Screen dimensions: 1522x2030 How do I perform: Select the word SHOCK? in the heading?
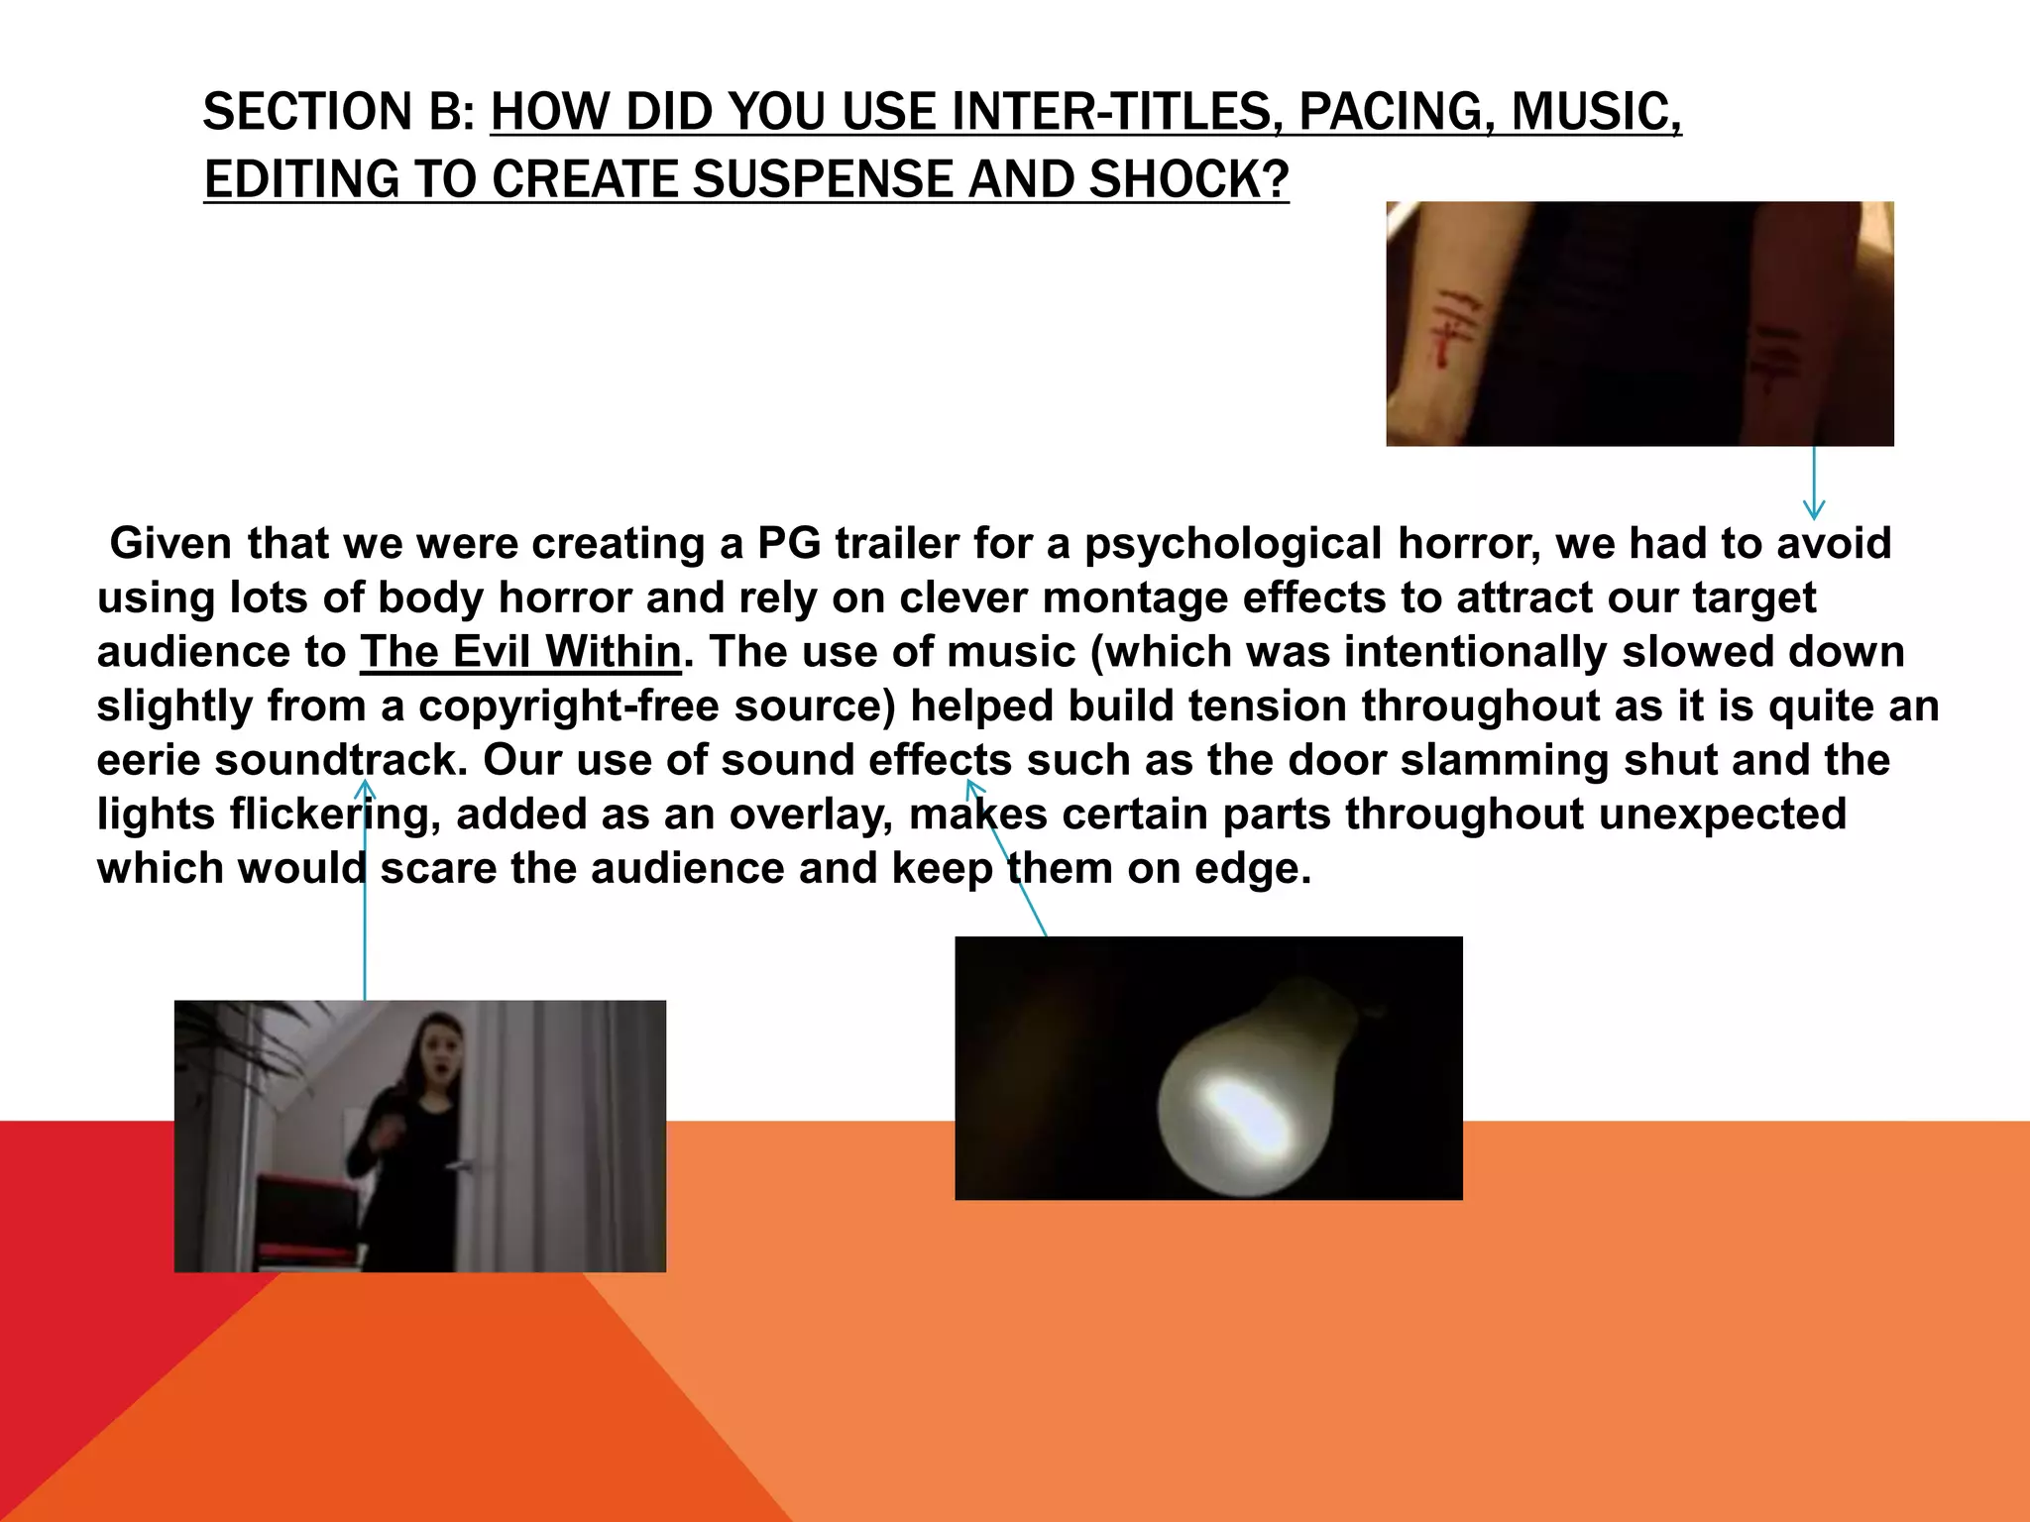[x=1188, y=179]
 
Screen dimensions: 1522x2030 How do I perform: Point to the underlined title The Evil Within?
[x=520, y=652]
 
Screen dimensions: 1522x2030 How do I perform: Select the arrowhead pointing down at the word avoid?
[x=1814, y=510]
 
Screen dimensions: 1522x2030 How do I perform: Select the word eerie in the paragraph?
[x=149, y=760]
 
